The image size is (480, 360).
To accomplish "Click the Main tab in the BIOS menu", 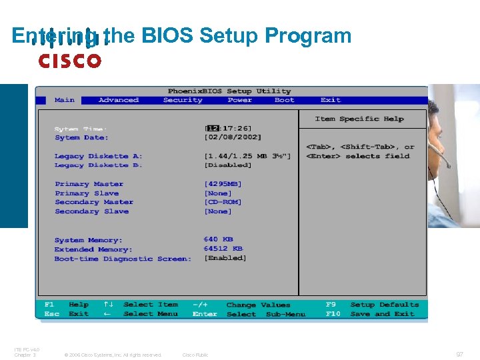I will (65, 100).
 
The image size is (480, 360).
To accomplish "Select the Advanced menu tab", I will (119, 100).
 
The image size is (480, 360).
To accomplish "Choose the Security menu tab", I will (183, 100).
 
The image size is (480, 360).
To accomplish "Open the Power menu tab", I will (239, 100).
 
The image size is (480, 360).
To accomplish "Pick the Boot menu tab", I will (285, 100).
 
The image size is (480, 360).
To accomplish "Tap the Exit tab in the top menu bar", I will (331, 100).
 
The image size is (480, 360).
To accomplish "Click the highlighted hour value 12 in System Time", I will (213, 128).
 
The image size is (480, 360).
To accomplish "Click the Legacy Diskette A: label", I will (99, 156).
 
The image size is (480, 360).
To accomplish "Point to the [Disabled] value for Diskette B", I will (228, 165).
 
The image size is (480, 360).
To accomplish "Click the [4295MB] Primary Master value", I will (223, 184).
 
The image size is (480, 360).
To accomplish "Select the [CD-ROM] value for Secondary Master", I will (223, 202).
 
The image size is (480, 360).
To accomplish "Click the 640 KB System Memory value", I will (219, 239).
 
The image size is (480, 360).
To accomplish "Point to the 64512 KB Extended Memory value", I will (223, 249).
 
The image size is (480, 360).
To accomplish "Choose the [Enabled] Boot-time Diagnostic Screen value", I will (225, 258).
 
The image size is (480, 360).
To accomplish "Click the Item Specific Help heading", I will (359, 119).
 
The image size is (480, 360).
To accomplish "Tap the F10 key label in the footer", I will (333, 314).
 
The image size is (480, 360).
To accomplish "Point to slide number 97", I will (459, 355).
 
